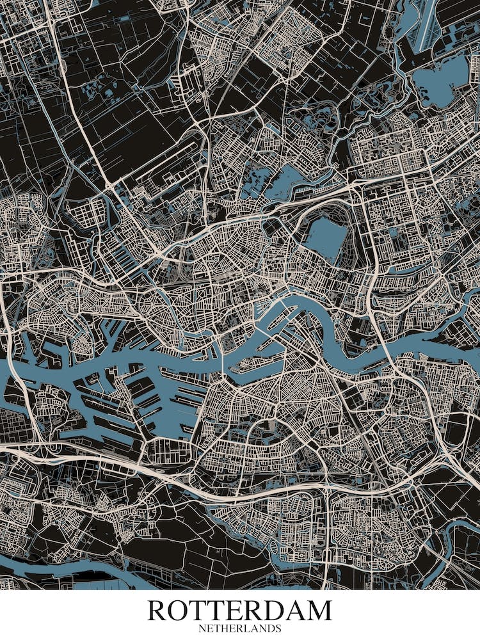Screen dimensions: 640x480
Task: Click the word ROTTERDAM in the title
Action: coord(240,611)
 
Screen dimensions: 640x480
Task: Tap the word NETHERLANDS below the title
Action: coord(240,629)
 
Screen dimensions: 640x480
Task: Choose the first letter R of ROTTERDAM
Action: coord(158,611)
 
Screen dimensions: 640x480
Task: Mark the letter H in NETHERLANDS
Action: coord(225,629)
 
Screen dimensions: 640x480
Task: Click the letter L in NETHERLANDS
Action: coord(248,629)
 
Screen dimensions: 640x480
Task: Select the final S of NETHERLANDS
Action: coord(278,629)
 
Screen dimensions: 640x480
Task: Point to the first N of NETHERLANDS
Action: coord(202,629)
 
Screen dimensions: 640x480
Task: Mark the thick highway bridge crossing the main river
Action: coord(384,349)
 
